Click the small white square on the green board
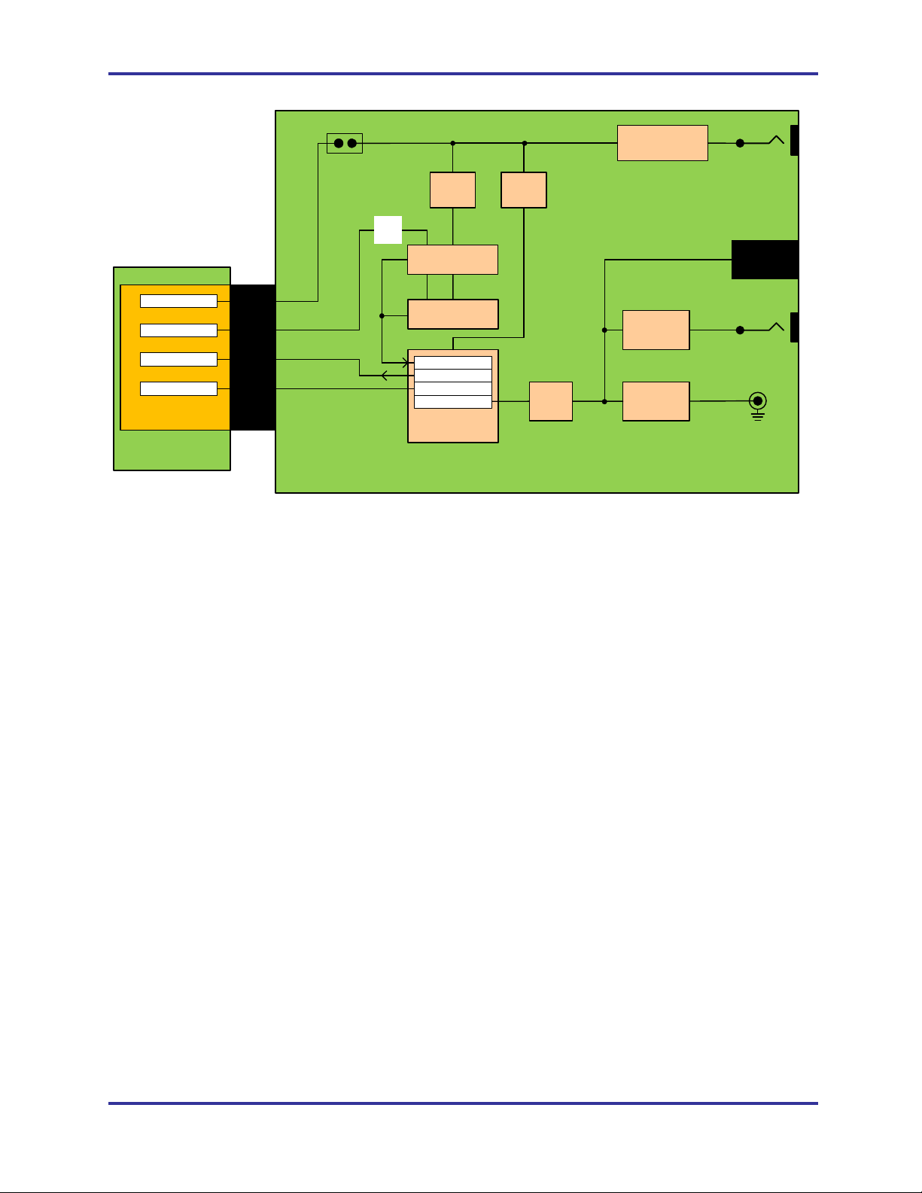[x=388, y=230]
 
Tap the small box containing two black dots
[x=345, y=143]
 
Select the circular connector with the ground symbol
[x=757, y=401]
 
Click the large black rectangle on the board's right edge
[x=765, y=260]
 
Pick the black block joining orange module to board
[x=253, y=357]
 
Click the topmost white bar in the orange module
[x=178, y=301]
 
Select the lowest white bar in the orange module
[x=178, y=388]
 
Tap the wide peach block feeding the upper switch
[x=662, y=143]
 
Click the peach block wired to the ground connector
[x=656, y=401]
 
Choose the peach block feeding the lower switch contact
[x=656, y=330]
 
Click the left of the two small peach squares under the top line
[x=452, y=190]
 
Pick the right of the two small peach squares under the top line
[x=524, y=190]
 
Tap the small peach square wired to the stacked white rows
[x=550, y=401]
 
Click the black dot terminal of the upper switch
[x=740, y=143]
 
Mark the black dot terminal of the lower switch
[x=740, y=330]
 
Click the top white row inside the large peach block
[x=452, y=363]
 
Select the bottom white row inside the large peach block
[x=452, y=402]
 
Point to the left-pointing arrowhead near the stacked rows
[x=385, y=376]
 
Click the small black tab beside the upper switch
[x=794, y=141]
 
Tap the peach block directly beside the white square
[x=452, y=260]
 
